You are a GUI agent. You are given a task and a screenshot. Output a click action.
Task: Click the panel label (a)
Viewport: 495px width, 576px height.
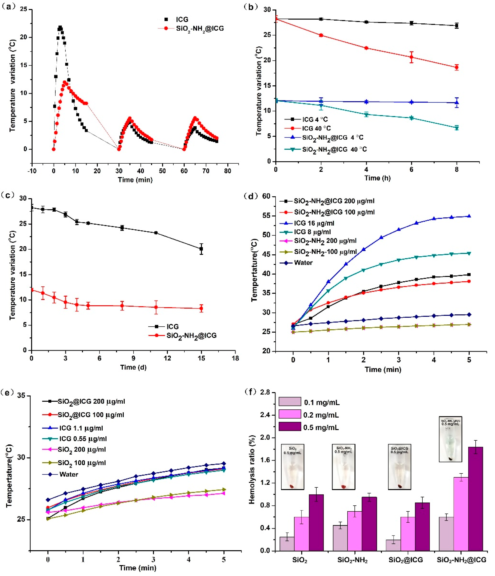(x=8, y=6)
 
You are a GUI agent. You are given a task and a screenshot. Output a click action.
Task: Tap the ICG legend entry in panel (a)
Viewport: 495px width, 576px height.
(x=182, y=20)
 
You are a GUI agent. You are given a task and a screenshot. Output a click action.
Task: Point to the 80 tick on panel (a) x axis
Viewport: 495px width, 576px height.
(x=227, y=171)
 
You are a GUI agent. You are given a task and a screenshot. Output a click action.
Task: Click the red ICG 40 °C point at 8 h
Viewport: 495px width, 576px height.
(x=457, y=67)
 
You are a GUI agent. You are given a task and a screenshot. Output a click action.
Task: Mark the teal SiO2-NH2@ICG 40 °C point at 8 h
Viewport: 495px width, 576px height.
(x=457, y=128)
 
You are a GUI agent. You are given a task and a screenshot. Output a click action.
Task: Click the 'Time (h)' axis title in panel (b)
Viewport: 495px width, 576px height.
(x=377, y=178)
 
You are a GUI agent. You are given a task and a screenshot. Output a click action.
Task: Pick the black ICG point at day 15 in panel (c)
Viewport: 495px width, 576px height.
(x=201, y=249)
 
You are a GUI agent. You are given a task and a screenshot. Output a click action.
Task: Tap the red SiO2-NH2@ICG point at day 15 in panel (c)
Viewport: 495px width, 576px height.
(x=201, y=308)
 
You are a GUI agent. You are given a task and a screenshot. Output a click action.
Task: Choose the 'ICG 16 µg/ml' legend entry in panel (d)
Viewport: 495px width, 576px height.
(x=314, y=223)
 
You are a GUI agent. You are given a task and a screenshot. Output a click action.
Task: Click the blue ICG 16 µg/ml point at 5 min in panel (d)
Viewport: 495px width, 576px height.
(x=469, y=216)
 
